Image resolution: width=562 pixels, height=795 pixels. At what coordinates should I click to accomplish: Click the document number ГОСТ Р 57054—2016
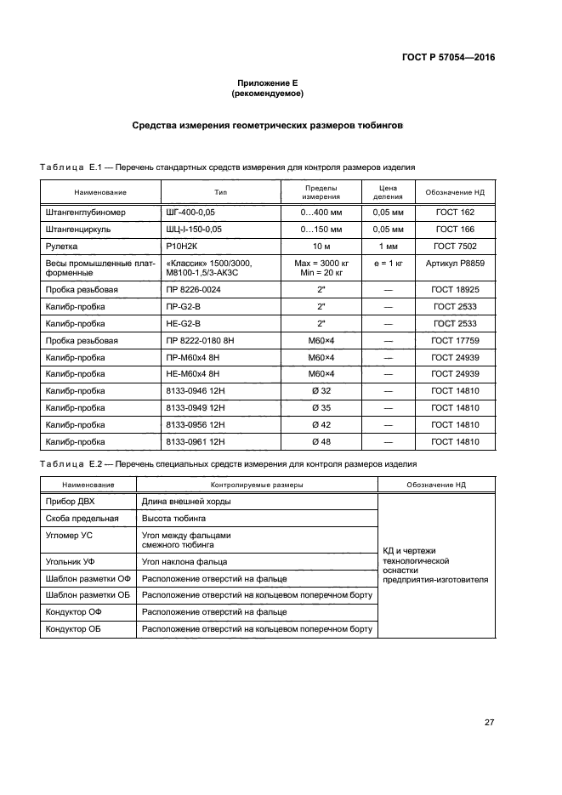tap(448, 58)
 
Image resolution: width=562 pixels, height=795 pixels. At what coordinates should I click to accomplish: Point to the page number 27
tap(489, 723)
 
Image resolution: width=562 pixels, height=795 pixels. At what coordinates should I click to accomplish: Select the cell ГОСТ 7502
tap(455, 246)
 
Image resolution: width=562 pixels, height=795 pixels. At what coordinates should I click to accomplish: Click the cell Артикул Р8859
tap(455, 264)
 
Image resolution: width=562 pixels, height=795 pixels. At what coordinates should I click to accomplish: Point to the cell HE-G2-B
tap(184, 324)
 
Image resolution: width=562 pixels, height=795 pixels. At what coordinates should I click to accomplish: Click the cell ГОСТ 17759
tap(455, 341)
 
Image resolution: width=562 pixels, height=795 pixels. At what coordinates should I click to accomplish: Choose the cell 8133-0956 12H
tap(195, 424)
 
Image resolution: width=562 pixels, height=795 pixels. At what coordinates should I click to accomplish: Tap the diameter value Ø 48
tap(321, 441)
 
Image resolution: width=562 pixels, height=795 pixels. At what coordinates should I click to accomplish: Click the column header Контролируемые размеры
tap(258, 484)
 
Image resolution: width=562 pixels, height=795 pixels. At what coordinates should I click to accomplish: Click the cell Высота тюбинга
tap(173, 518)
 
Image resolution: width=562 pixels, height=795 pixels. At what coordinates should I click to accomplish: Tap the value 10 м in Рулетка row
tap(321, 246)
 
